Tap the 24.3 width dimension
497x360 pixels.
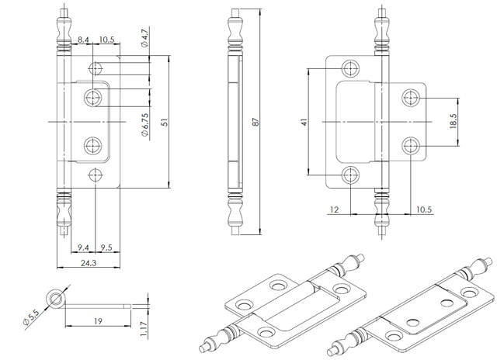coord(87,264)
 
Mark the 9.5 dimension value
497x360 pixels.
coord(106,247)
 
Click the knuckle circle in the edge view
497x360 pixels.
coord(56,297)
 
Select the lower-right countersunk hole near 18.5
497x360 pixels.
coord(412,144)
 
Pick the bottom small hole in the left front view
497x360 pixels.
coord(96,175)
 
